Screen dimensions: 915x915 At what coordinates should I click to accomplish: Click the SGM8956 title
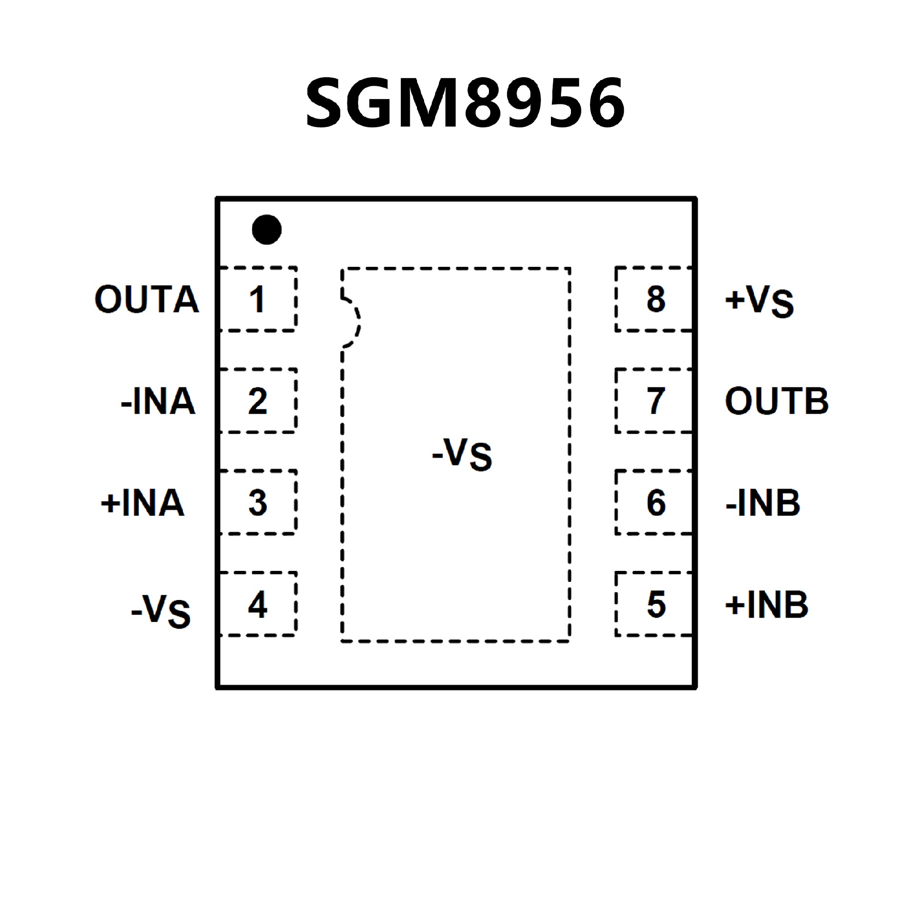click(465, 102)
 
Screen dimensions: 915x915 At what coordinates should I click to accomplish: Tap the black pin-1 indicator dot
click(266, 229)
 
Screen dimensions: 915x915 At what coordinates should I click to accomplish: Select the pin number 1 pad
click(257, 299)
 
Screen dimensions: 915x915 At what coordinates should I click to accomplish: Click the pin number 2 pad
click(257, 401)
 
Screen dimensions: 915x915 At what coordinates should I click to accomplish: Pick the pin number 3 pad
click(257, 502)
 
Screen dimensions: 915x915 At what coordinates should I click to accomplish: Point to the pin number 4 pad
click(257, 604)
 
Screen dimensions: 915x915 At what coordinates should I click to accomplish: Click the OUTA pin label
click(147, 299)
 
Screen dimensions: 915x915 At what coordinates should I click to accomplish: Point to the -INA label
click(158, 401)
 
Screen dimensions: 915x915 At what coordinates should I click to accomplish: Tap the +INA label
click(142, 502)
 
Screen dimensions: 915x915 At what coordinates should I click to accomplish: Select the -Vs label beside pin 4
click(161, 610)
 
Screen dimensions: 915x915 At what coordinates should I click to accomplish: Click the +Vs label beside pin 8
click(759, 301)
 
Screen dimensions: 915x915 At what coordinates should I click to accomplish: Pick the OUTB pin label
click(777, 401)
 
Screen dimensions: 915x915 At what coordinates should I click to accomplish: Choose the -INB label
click(762, 502)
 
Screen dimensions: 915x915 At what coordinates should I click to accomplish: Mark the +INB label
click(766, 604)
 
